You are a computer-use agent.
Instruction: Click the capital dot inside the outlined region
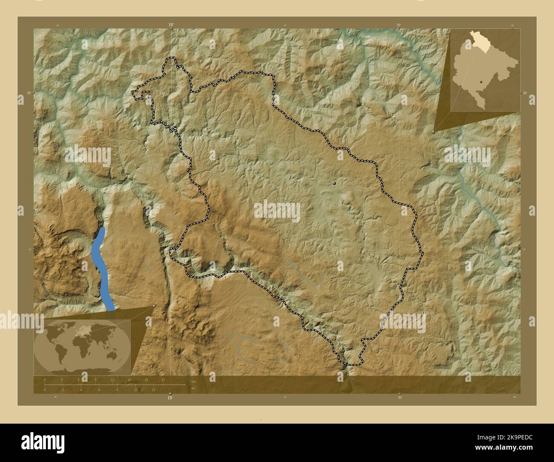coord(335,183)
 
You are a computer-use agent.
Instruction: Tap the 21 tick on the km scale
coord(163,379)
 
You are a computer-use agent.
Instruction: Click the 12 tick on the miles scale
coord(153,390)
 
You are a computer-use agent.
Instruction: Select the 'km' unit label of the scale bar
coord(193,381)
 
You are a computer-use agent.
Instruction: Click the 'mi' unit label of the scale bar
coord(193,388)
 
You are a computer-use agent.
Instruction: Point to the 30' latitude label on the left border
coord(29,93)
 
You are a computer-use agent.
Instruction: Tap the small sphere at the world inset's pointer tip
coord(154,306)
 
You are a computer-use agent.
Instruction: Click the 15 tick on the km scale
coord(129,379)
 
